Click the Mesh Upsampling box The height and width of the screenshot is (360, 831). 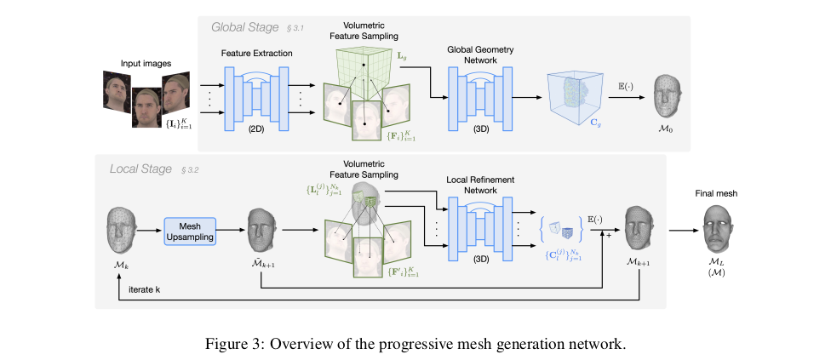(190, 231)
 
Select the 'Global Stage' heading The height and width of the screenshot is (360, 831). (244, 27)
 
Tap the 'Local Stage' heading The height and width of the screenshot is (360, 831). (140, 169)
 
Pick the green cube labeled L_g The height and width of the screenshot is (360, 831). (363, 67)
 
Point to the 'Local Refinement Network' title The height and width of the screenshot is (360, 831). (479, 186)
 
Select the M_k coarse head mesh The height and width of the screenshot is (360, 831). (123, 231)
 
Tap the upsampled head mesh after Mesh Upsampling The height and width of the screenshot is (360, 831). (261, 231)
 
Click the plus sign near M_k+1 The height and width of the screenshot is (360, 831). (609, 236)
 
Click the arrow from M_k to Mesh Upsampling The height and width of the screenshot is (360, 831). (150, 231)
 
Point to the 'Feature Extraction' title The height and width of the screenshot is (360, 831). (256, 54)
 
